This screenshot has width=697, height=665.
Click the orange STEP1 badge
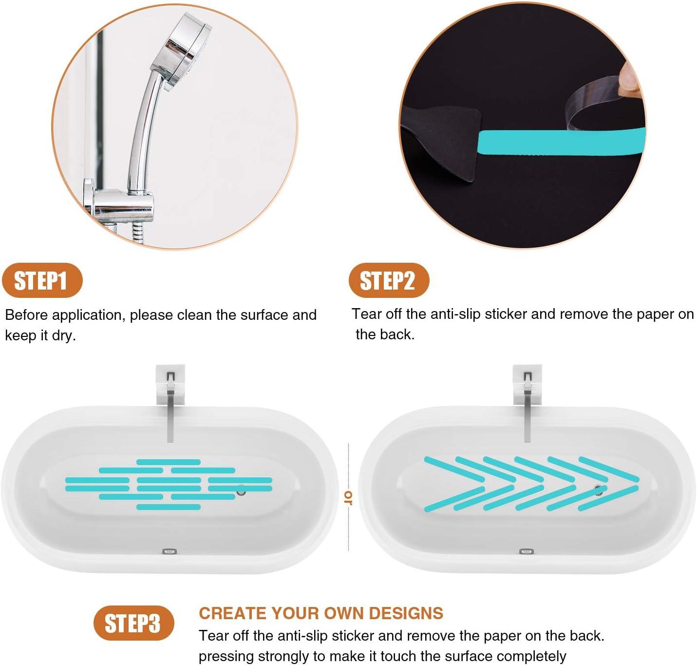click(x=42, y=281)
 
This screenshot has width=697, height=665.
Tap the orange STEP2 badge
click(x=388, y=280)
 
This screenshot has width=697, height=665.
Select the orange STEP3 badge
click(x=133, y=623)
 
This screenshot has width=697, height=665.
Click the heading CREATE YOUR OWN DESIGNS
click(x=321, y=613)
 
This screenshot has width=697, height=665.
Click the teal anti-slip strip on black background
click(x=560, y=142)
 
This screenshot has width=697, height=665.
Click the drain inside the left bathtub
click(x=241, y=491)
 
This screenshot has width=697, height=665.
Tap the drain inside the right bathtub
click(x=598, y=490)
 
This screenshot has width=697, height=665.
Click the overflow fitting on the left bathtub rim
click(x=169, y=551)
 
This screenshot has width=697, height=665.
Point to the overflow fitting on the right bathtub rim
click(x=526, y=551)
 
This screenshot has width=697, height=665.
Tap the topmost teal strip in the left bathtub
click(x=169, y=462)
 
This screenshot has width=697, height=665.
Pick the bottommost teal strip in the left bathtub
click(x=169, y=507)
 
